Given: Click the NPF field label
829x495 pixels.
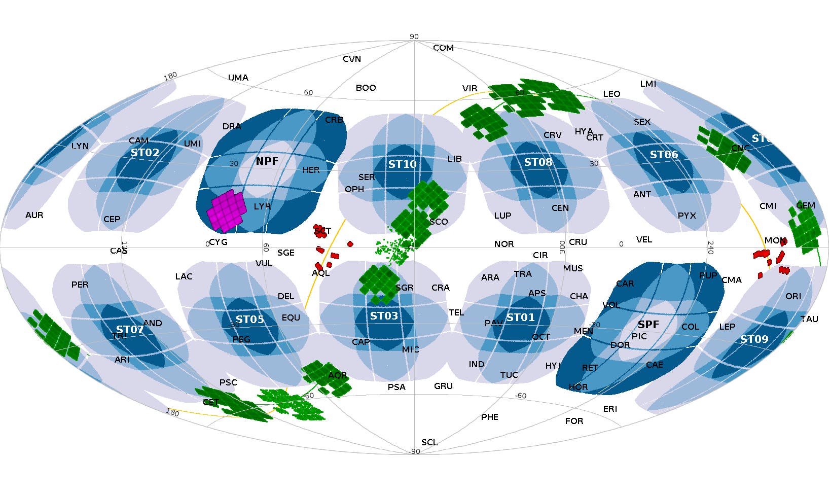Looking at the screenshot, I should [x=267, y=161].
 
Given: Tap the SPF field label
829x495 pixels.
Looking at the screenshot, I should [x=648, y=324].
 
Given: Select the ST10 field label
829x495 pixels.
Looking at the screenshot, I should [x=402, y=164].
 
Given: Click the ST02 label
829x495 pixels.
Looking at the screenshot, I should [x=145, y=152].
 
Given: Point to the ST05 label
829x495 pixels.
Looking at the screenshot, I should [x=249, y=319].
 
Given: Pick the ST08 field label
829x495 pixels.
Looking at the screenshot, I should [x=538, y=162].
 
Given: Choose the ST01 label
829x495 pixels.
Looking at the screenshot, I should [x=521, y=317].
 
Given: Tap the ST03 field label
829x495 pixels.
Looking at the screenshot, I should [x=384, y=316].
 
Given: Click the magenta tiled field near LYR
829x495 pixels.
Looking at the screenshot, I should [x=225, y=211].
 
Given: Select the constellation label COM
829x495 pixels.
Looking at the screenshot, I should [x=443, y=48].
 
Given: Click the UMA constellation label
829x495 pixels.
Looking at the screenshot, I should [x=238, y=78].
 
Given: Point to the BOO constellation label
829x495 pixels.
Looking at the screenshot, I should [x=366, y=88].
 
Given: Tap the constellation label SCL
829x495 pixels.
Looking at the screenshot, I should [x=429, y=442].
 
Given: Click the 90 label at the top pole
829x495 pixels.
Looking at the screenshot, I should [x=414, y=37].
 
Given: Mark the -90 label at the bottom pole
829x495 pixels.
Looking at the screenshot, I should [x=414, y=451].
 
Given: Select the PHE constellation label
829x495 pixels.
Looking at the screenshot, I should [x=489, y=417].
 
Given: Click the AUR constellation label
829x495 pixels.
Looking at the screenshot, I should [x=34, y=215].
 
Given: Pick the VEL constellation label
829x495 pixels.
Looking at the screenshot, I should [x=644, y=239].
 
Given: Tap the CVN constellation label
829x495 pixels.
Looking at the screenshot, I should [x=351, y=59].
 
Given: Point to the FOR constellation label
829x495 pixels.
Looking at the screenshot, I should [x=574, y=421].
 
